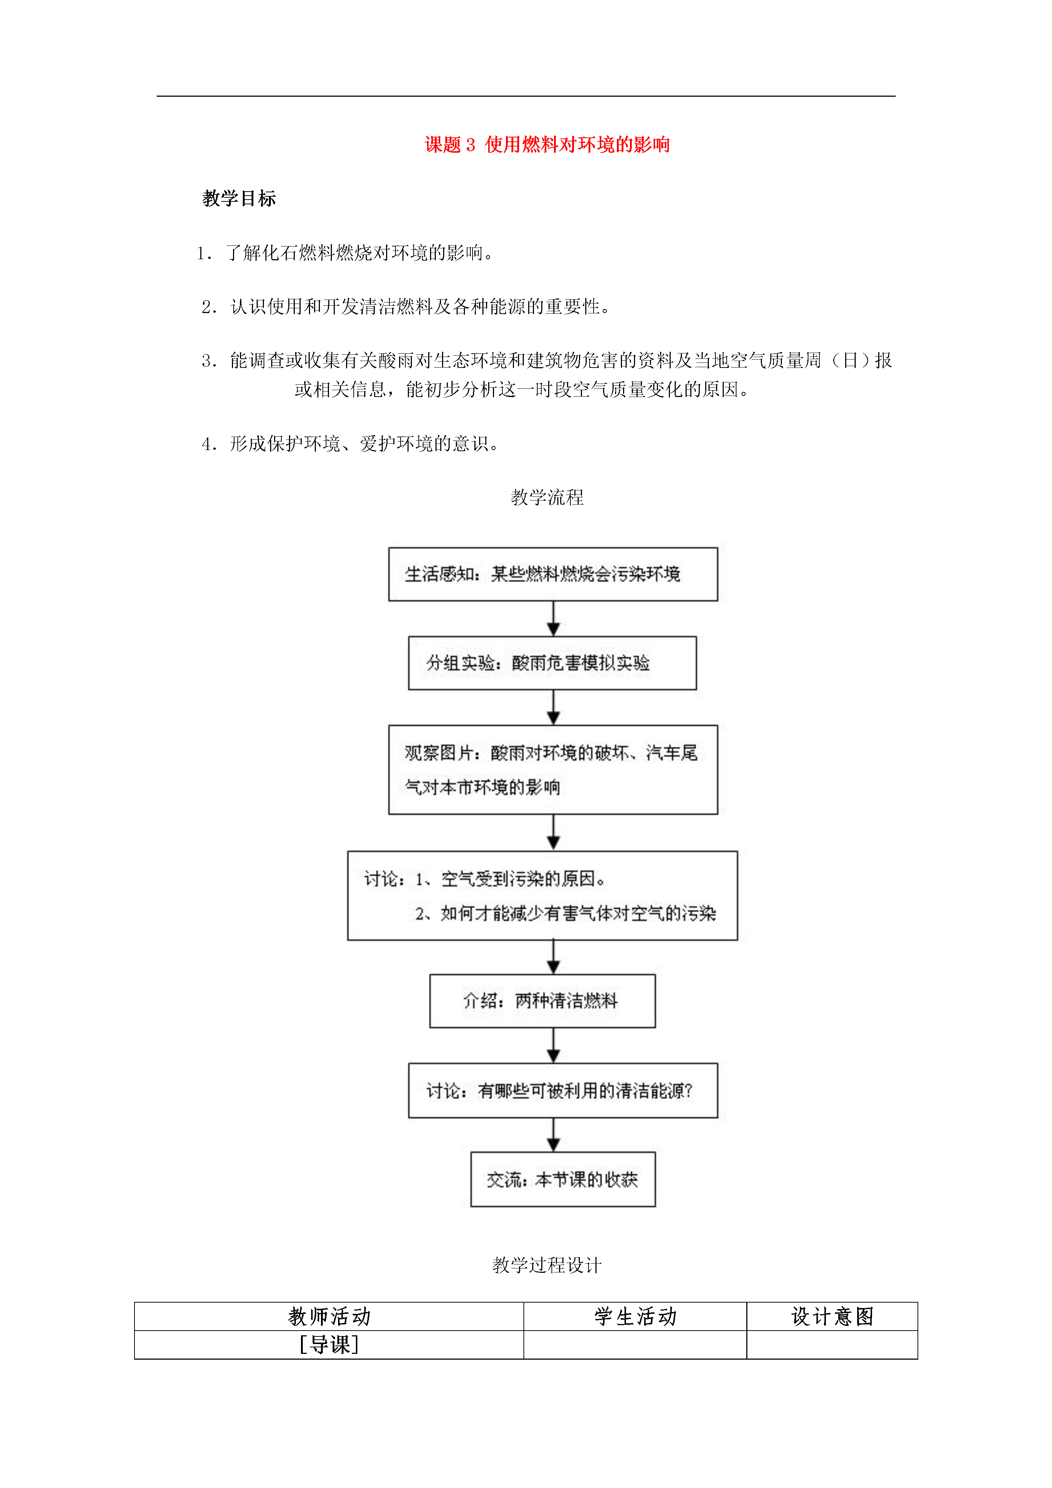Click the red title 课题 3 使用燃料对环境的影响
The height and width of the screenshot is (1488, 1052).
[547, 145]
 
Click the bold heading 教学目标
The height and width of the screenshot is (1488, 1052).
[239, 198]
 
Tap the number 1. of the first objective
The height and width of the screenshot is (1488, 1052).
[205, 253]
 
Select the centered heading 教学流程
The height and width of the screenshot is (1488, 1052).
[547, 498]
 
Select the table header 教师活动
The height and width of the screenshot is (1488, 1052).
[329, 1317]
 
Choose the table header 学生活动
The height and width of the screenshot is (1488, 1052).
[635, 1317]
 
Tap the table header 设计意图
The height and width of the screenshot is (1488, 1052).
[832, 1317]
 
